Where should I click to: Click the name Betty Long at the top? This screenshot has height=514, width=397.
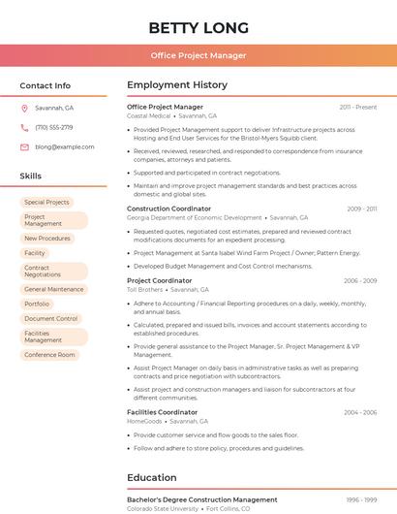click(198, 27)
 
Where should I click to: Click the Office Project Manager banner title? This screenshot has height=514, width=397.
click(198, 55)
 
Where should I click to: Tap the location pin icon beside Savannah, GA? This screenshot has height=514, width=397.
click(24, 108)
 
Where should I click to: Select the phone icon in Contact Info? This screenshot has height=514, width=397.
click(24, 127)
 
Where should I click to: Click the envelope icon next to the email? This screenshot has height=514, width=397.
click(24, 146)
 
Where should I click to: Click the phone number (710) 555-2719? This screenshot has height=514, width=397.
click(54, 127)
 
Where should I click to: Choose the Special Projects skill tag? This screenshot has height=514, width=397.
click(46, 202)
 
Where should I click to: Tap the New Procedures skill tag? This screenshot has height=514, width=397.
click(47, 238)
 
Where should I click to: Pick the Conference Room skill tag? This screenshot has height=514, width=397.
click(49, 354)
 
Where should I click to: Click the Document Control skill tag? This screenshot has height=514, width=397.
click(51, 318)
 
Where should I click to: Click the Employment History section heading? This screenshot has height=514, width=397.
click(177, 85)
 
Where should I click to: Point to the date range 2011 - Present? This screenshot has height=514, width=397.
click(358, 107)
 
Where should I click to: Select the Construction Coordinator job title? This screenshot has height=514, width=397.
click(168, 209)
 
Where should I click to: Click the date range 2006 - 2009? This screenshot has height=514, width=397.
click(360, 281)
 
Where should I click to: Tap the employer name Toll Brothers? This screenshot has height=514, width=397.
click(145, 289)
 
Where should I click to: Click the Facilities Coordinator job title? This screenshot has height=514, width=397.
click(162, 412)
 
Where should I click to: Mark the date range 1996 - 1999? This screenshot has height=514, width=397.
click(360, 500)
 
